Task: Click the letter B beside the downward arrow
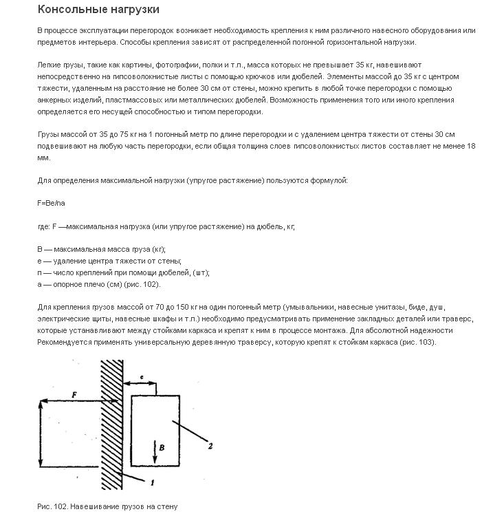click(x=161, y=447)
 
